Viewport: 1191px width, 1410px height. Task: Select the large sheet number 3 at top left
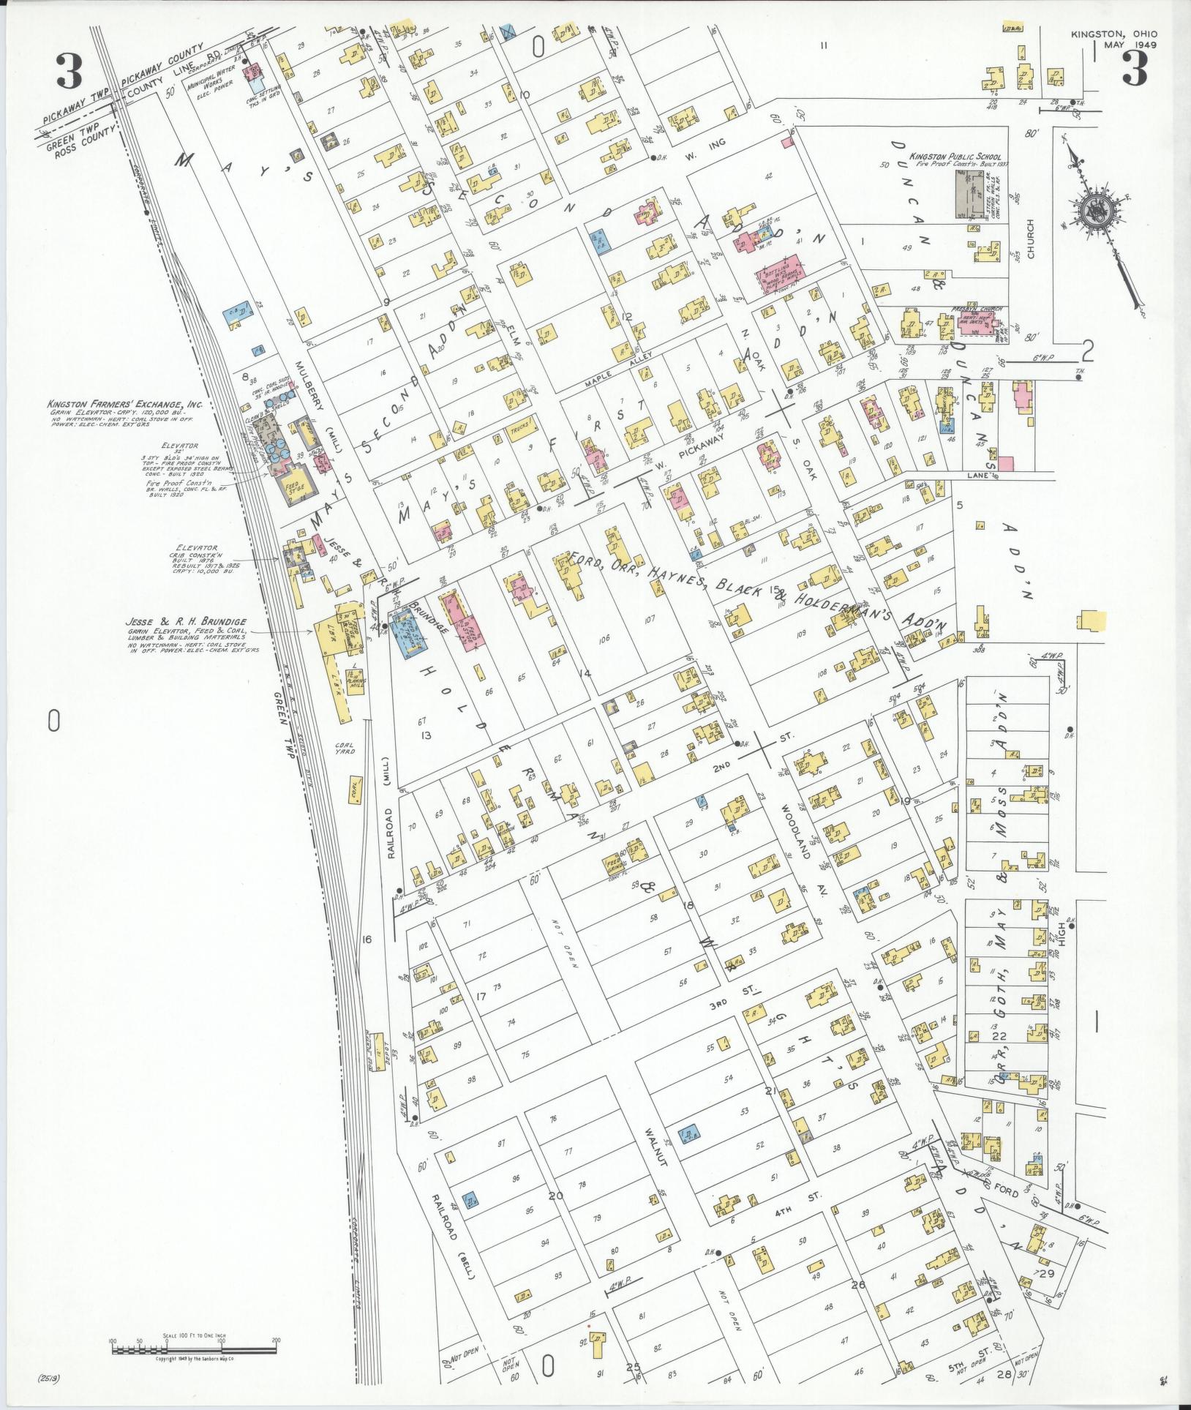[68, 72]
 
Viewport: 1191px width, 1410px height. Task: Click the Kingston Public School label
[949, 157]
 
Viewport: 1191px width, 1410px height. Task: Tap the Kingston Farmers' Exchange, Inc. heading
[124, 404]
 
